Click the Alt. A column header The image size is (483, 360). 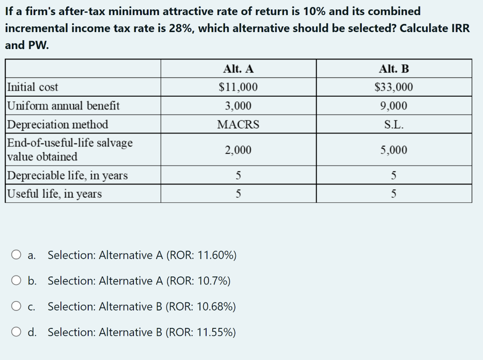coord(238,69)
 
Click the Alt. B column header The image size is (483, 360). coord(394,69)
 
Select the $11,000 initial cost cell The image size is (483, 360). coord(238,87)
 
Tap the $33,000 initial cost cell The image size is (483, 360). coord(394,87)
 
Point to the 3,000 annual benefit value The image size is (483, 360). coord(238,106)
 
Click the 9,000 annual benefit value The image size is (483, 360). coord(394,106)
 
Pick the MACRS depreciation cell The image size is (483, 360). coord(238,125)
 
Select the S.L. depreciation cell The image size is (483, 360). coord(394,125)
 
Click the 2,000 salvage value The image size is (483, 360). coord(238,150)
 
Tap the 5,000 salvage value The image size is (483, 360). coord(394,150)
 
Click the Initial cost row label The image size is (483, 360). coord(33,87)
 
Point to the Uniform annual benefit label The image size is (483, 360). coord(64,106)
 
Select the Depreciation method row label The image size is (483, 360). coord(58,125)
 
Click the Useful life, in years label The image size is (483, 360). coord(55,194)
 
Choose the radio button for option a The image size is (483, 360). coord(17,255)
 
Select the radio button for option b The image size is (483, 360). coord(17,281)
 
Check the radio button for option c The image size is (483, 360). coord(17,307)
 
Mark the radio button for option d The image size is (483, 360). coord(17,333)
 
